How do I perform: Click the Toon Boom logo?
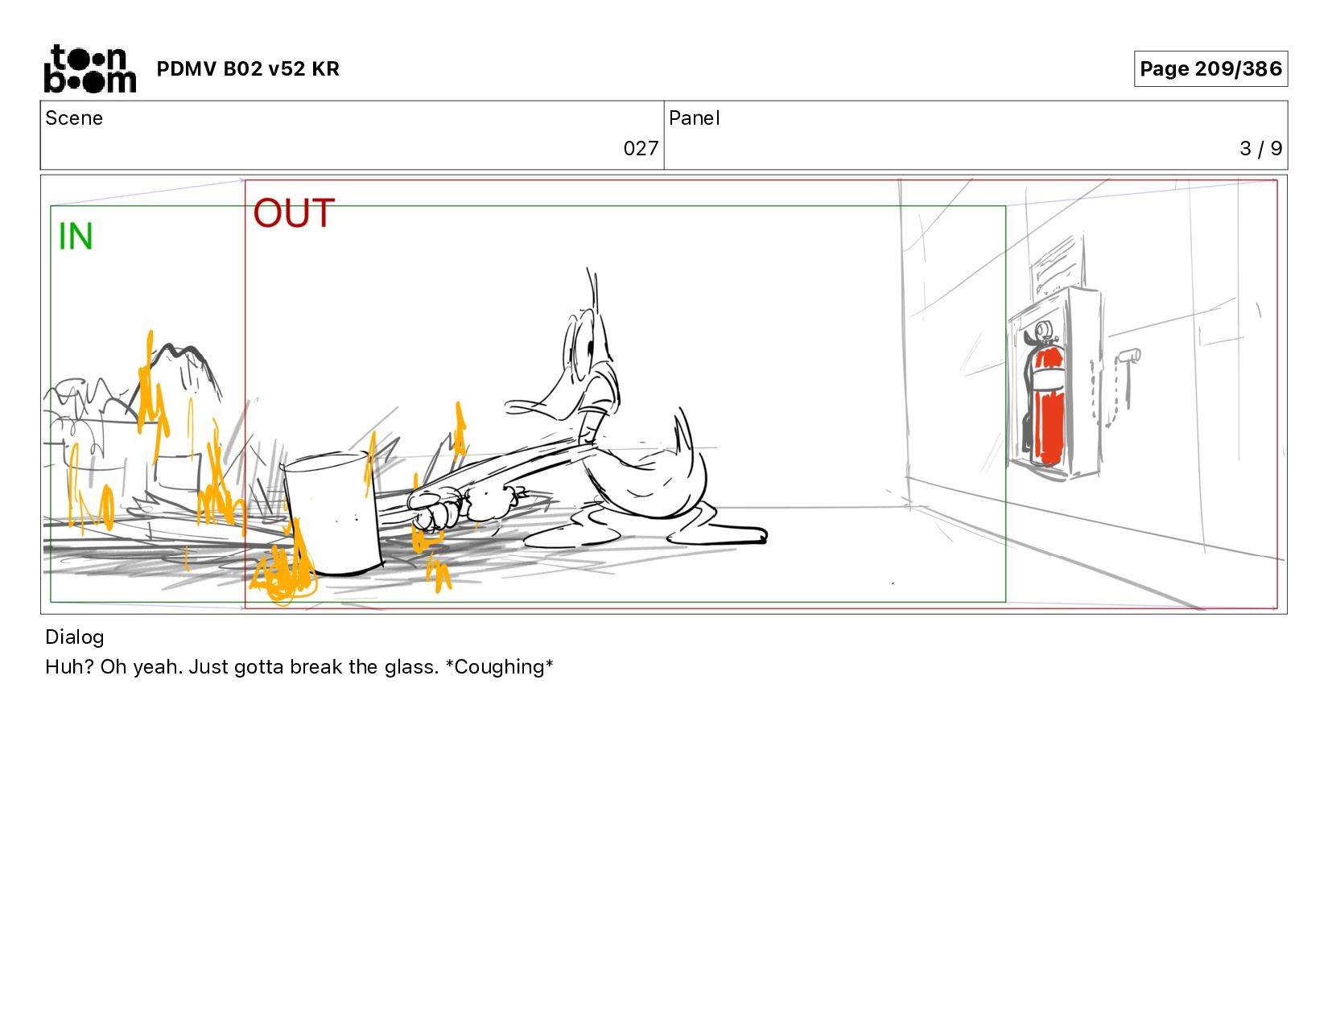90,68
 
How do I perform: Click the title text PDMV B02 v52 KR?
248,68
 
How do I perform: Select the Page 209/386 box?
1210,68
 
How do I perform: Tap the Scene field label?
74,118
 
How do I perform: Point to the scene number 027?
641,148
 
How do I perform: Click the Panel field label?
695,118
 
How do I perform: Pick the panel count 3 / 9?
1260,148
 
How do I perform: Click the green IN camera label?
75,237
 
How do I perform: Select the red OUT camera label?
294,212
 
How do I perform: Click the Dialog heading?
75,637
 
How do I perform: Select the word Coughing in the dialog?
499,667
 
